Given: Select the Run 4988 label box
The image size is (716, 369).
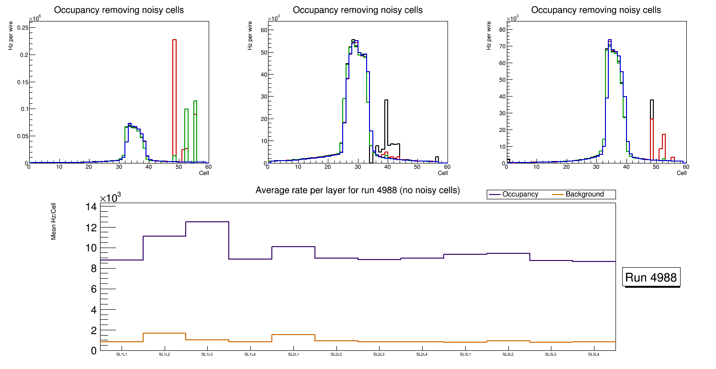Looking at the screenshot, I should [x=652, y=277].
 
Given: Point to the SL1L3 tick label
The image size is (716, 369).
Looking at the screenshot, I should [x=207, y=355].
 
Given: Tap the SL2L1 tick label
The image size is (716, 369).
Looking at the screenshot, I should [x=293, y=355].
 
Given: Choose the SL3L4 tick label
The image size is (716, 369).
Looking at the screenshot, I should [x=594, y=355].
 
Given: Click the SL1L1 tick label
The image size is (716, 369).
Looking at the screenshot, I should [x=122, y=355].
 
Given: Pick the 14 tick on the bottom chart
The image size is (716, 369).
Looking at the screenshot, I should [x=91, y=207].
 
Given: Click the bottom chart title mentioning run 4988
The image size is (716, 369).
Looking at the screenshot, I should [x=358, y=190].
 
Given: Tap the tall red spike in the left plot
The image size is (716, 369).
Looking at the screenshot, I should [x=174, y=96].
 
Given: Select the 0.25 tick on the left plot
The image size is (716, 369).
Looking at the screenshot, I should [x=21, y=28].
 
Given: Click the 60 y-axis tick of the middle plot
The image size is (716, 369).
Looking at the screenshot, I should [x=263, y=30].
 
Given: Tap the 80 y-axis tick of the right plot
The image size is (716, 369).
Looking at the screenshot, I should [x=502, y=30].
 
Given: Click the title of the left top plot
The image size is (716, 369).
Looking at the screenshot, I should [x=119, y=10].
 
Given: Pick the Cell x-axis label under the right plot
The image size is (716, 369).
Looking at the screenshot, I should [x=682, y=173].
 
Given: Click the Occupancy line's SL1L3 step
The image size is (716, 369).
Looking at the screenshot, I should [x=207, y=222].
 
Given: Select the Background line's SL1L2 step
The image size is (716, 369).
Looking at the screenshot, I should [x=164, y=333].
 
